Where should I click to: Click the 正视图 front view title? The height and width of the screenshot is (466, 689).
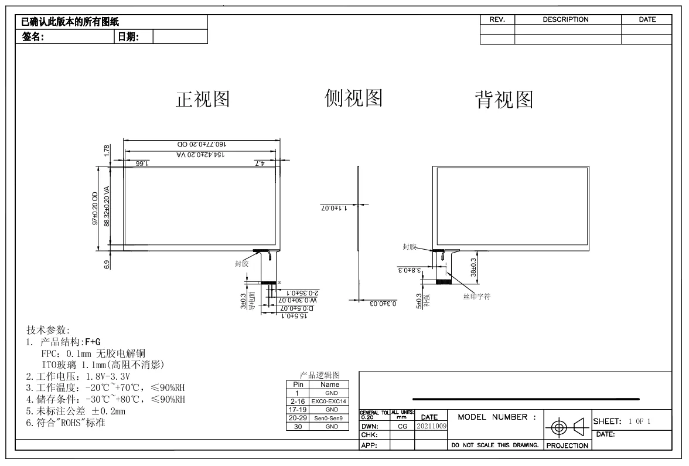[x=203, y=100]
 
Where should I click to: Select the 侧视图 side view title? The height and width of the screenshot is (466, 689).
[x=353, y=98]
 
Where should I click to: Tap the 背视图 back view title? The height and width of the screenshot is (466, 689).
[x=504, y=100]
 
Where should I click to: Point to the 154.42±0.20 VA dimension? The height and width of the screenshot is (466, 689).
[x=200, y=154]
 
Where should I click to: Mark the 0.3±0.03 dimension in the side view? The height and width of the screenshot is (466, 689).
[x=383, y=303]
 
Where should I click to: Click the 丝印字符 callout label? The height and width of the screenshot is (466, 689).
[x=477, y=297]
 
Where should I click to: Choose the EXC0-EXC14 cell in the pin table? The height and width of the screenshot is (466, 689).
[x=330, y=401]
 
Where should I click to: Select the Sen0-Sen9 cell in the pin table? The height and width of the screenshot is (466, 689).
[x=330, y=418]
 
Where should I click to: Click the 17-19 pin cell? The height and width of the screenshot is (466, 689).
[x=298, y=409]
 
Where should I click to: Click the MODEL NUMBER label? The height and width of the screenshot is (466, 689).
[x=497, y=417]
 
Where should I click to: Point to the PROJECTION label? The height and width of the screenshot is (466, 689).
[x=567, y=445]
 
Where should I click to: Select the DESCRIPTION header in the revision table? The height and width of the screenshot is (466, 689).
[x=565, y=19]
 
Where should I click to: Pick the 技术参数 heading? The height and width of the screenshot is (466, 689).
[x=48, y=330]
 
